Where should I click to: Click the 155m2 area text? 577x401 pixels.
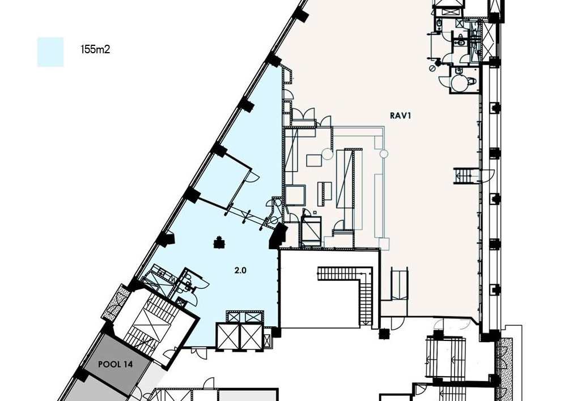pos(95,49)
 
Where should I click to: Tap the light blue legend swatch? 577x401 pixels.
pos(50,52)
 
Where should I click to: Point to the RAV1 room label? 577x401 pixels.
pos(400,116)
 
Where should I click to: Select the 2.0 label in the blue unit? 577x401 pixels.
pos(240,271)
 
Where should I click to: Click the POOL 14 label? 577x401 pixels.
pos(115,364)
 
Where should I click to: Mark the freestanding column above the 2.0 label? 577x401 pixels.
pos(220,242)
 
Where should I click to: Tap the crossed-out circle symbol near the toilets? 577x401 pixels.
pos(433,69)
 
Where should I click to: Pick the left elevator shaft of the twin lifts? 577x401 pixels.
pos(228,336)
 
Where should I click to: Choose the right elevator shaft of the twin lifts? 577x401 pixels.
pos(252,336)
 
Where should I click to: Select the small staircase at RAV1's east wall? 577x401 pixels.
pos(463,176)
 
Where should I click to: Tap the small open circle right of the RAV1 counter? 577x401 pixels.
pos(384,153)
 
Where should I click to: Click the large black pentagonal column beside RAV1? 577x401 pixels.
pos(278,236)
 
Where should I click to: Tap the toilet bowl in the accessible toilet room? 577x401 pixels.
pos(472,80)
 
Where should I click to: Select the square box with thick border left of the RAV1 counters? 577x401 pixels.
pos(295,195)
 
